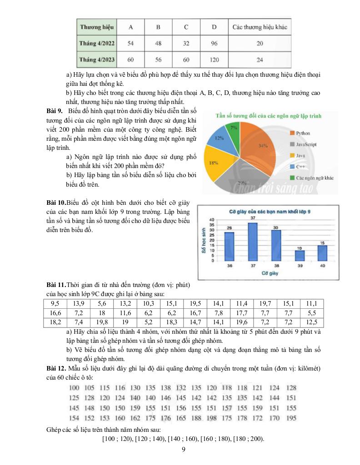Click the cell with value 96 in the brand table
tap(214, 44)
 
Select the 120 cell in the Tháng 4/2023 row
tap(214, 59)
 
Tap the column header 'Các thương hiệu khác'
tap(260, 27)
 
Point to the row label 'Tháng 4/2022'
tap(97, 44)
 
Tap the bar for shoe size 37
tap(252, 240)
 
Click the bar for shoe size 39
tap(299, 255)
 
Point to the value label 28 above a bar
tap(230, 228)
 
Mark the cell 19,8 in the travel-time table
tap(102, 322)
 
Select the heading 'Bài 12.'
tap(56, 367)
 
